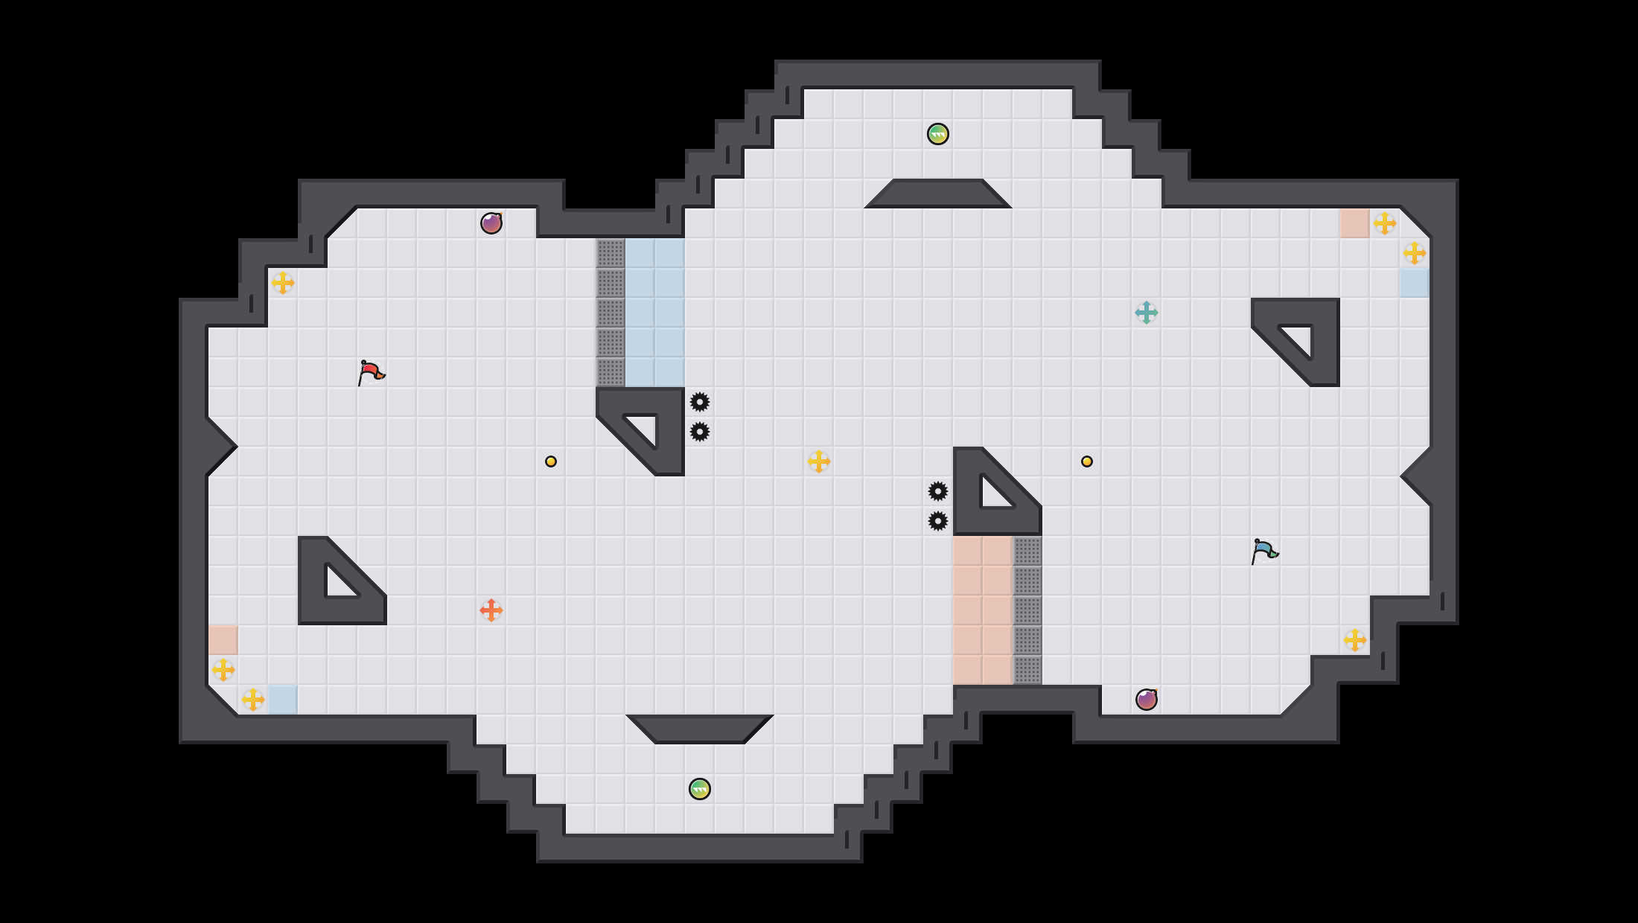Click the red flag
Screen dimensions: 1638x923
(x=370, y=372)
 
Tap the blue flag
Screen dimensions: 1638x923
(x=1263, y=551)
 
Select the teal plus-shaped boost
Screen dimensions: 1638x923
(x=1147, y=313)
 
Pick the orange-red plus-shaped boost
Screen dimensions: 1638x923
(x=491, y=610)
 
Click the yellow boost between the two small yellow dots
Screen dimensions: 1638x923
(x=819, y=461)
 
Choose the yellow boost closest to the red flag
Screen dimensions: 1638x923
(x=283, y=283)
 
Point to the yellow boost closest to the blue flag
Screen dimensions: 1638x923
(x=1355, y=640)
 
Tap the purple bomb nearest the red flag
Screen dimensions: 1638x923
(x=491, y=223)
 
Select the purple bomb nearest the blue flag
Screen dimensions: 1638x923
(x=1147, y=700)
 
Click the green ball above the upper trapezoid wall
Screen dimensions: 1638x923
(x=938, y=134)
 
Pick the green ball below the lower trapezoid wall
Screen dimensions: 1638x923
(x=700, y=789)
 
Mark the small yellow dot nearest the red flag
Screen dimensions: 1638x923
(x=551, y=461)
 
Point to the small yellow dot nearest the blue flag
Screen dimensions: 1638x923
(x=1087, y=461)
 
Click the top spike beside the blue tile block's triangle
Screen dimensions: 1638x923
(x=700, y=402)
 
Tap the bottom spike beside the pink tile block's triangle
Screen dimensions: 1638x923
(x=938, y=521)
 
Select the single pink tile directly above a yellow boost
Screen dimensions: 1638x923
(x=223, y=640)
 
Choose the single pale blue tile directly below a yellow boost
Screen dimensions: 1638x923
(x=1415, y=283)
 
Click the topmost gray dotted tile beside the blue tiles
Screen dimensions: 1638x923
(x=611, y=253)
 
